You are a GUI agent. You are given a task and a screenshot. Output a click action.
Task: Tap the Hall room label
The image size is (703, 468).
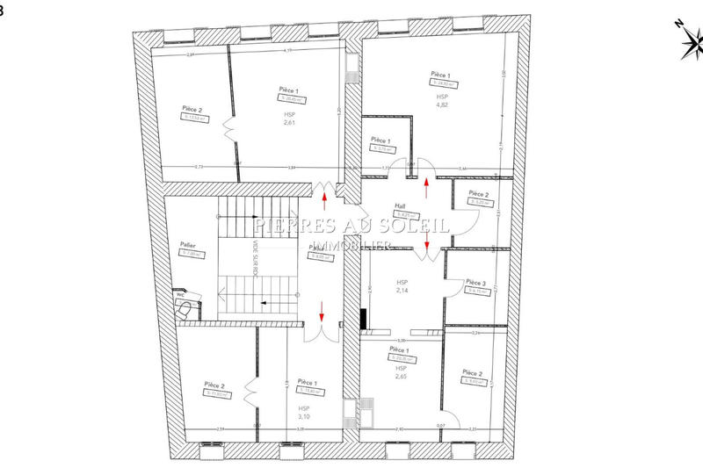tap(400, 206)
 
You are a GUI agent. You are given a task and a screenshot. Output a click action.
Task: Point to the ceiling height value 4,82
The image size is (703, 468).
tap(441, 104)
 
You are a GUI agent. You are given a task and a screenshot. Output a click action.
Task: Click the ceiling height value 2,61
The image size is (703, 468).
tap(290, 124)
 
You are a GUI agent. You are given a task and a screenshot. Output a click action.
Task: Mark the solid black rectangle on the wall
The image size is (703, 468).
tap(362, 318)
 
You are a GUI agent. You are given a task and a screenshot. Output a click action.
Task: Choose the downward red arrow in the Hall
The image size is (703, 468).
tap(428, 248)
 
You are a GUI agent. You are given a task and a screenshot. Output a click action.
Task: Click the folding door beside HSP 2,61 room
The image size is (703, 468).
tap(229, 129)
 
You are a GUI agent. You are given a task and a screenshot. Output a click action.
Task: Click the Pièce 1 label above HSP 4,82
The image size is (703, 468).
tap(440, 76)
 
